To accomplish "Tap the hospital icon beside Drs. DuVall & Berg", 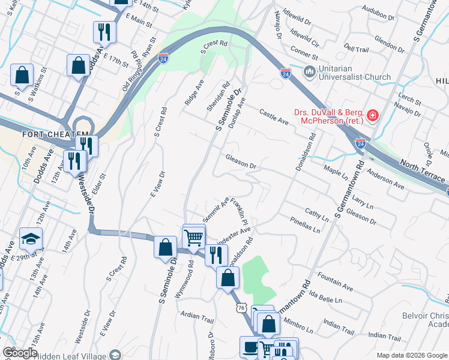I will click(373, 115).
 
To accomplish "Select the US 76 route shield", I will click(241, 307).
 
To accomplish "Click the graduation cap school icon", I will click(31, 239).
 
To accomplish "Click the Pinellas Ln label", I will click(303, 227).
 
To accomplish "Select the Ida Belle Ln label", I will click(325, 296).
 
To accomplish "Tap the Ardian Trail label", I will click(197, 315).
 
